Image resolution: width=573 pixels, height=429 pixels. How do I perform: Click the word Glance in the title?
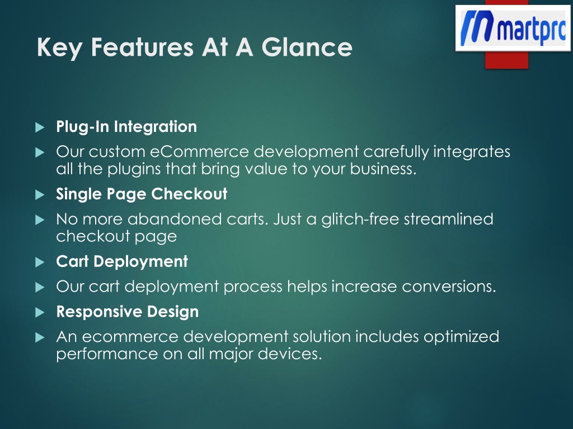[x=307, y=47]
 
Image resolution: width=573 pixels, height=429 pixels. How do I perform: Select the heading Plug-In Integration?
[x=126, y=127]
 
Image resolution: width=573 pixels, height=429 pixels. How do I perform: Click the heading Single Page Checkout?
[x=142, y=194]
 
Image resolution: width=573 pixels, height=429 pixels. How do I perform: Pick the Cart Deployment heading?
[x=122, y=261]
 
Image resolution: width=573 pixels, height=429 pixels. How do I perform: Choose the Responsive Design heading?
[x=128, y=312]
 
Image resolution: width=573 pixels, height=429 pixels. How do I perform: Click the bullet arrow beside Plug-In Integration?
[x=40, y=127]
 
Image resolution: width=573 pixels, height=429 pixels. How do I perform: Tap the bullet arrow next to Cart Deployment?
[x=40, y=262]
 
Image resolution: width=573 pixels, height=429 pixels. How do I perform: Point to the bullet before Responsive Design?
[x=40, y=312]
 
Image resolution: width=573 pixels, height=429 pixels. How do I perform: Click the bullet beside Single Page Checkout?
[x=40, y=194]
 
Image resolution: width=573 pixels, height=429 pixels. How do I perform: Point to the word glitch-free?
[x=360, y=219]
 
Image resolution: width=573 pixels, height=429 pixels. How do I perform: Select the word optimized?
[x=461, y=337]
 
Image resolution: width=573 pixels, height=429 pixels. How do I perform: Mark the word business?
[x=383, y=169]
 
